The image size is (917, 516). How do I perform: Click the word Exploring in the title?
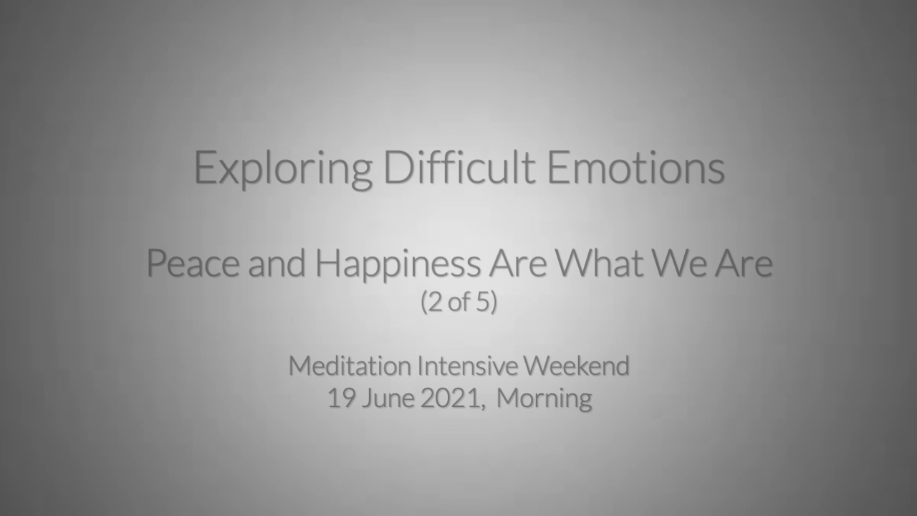[283, 168]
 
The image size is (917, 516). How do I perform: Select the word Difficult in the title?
[459, 166]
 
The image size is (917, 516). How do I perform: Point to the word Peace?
[193, 263]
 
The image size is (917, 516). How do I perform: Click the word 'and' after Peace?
[277, 263]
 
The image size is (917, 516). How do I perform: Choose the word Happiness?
[398, 265]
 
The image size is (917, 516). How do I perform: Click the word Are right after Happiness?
[518, 263]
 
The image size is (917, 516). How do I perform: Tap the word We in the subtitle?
[679, 263]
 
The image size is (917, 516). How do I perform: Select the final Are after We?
[744, 263]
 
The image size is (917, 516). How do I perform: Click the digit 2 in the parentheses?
[435, 302]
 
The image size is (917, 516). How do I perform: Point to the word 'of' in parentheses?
[459, 302]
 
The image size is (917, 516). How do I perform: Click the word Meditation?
[350, 365]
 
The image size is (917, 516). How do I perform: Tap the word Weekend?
[577, 365]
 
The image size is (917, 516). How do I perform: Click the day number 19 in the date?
[342, 398]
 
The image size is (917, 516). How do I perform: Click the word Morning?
[544, 399]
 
